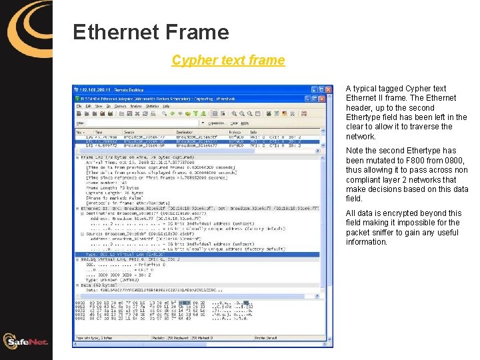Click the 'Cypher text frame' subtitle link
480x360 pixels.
(x=228, y=61)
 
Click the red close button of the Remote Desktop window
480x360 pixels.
(x=329, y=89)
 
